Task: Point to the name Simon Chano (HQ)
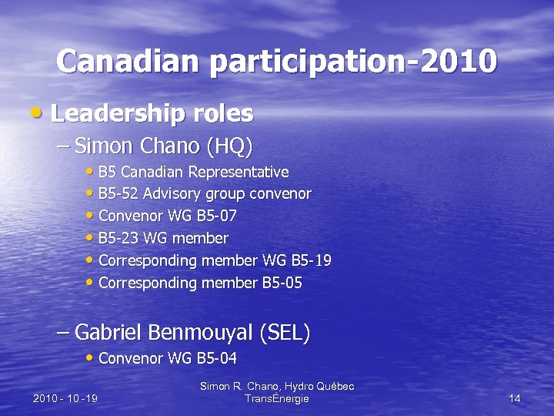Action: coord(164,145)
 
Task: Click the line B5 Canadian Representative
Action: coord(193,172)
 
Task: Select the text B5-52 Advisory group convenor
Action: coord(205,194)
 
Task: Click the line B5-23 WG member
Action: coord(163,239)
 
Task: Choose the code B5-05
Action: coord(282,283)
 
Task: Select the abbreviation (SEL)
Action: coord(285,333)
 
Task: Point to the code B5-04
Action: coord(216,358)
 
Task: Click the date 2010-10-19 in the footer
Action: coord(65,399)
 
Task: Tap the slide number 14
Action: coord(515,399)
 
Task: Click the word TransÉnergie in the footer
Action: coord(276,399)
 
